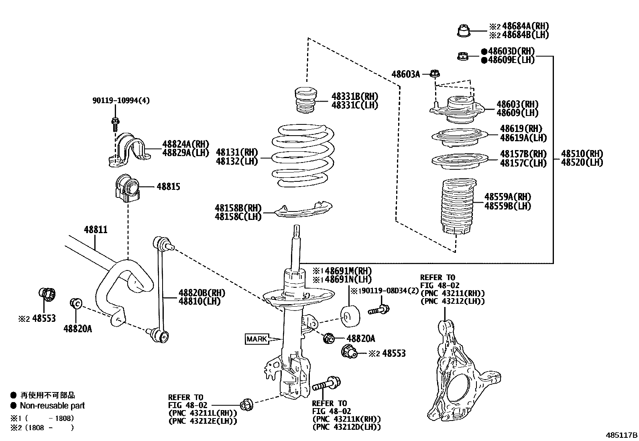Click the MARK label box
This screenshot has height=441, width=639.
[257, 339]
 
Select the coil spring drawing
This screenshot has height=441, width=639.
[303, 156]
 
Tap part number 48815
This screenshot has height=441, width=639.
[168, 187]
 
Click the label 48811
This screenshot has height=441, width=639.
[96, 230]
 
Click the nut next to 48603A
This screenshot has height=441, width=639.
[435, 74]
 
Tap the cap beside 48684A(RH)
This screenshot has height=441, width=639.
[464, 30]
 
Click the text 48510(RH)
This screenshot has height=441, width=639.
[582, 154]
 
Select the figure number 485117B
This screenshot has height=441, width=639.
[621, 435]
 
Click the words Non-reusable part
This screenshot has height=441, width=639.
[52, 406]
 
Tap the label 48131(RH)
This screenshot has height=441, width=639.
[237, 152]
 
